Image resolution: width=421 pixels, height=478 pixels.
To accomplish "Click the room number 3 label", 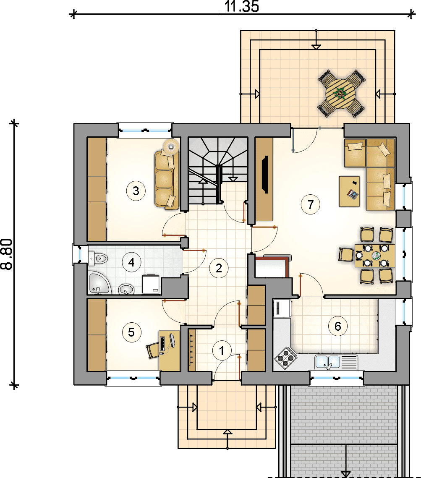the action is tap(136, 191).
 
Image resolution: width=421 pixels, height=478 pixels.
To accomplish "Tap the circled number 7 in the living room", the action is tap(310, 204).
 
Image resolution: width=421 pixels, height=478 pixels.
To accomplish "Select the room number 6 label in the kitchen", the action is tap(338, 326).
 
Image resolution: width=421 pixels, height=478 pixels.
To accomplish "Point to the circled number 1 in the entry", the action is tap(222, 351).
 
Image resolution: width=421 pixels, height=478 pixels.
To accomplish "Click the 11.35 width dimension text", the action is tap(242, 6).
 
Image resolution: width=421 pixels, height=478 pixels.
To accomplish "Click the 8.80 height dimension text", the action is tap(7, 254).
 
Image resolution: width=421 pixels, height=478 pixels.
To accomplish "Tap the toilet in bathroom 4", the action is tap(98, 258).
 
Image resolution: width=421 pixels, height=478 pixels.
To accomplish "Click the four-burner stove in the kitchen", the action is tap(286, 357).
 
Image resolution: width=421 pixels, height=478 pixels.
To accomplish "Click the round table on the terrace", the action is tap(340, 94).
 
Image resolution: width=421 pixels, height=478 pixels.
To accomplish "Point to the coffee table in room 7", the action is tap(349, 191).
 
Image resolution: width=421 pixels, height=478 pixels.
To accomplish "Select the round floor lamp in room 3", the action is tap(171, 147).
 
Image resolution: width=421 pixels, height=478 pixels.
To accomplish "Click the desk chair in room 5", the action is tap(153, 350).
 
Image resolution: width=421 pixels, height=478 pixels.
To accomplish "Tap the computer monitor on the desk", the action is tap(172, 340).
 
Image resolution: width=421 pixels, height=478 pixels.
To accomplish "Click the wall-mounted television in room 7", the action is tap(264, 175).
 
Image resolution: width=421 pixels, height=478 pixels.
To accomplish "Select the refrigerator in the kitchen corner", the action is tap(282, 308).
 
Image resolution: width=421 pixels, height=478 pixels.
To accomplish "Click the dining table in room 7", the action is tap(375, 256).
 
